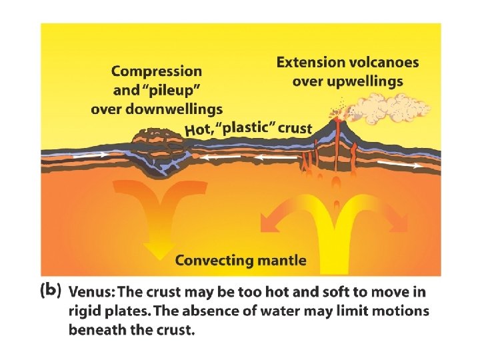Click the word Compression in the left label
pos(157,71)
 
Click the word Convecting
pos(213,261)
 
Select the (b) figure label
pos(51,291)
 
